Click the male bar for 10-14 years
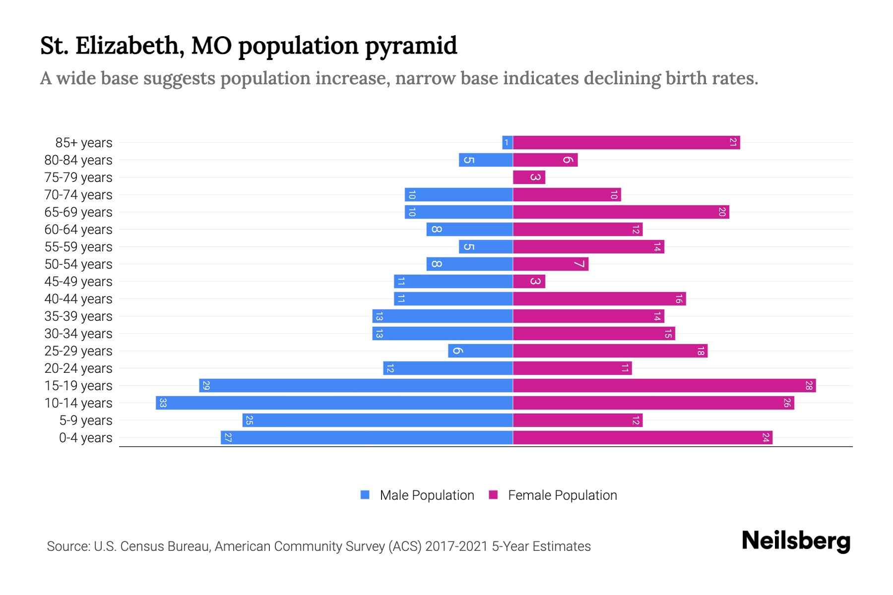pyautogui.click(x=334, y=403)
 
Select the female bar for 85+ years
pyautogui.click(x=626, y=143)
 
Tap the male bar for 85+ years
pyautogui.click(x=507, y=143)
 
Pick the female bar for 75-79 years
pyautogui.click(x=529, y=178)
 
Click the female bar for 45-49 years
pyautogui.click(x=529, y=282)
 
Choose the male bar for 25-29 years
pyautogui.click(x=480, y=351)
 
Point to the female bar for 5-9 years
pyautogui.click(x=577, y=420)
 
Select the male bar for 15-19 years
pyautogui.click(x=356, y=386)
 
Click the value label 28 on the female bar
pyautogui.click(x=808, y=386)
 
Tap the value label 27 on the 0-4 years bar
pyautogui.click(x=228, y=438)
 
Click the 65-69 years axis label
pyautogui.click(x=78, y=212)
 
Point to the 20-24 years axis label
pyautogui.click(x=78, y=368)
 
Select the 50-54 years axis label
pyautogui.click(x=78, y=264)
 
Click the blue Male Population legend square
pyautogui.click(x=365, y=495)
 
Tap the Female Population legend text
pyautogui.click(x=562, y=495)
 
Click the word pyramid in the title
pyautogui.click(x=411, y=46)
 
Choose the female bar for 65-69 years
pyautogui.click(x=621, y=212)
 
